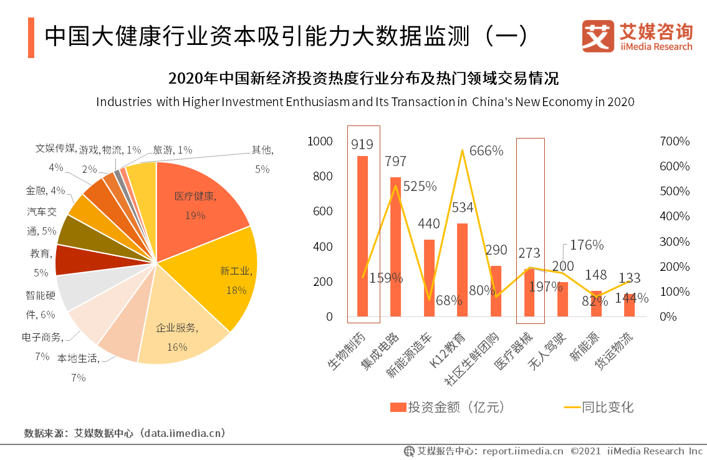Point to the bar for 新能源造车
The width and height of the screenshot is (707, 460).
click(x=429, y=278)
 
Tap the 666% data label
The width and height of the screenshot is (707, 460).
click(x=486, y=150)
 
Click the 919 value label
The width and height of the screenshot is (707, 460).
click(x=362, y=145)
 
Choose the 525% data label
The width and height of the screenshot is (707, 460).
click(x=420, y=186)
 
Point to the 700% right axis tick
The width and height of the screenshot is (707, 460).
click(x=675, y=142)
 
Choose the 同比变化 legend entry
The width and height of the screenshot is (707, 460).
click(x=599, y=408)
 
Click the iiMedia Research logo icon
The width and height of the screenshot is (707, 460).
click(x=597, y=36)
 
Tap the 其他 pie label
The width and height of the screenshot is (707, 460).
click(x=262, y=150)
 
